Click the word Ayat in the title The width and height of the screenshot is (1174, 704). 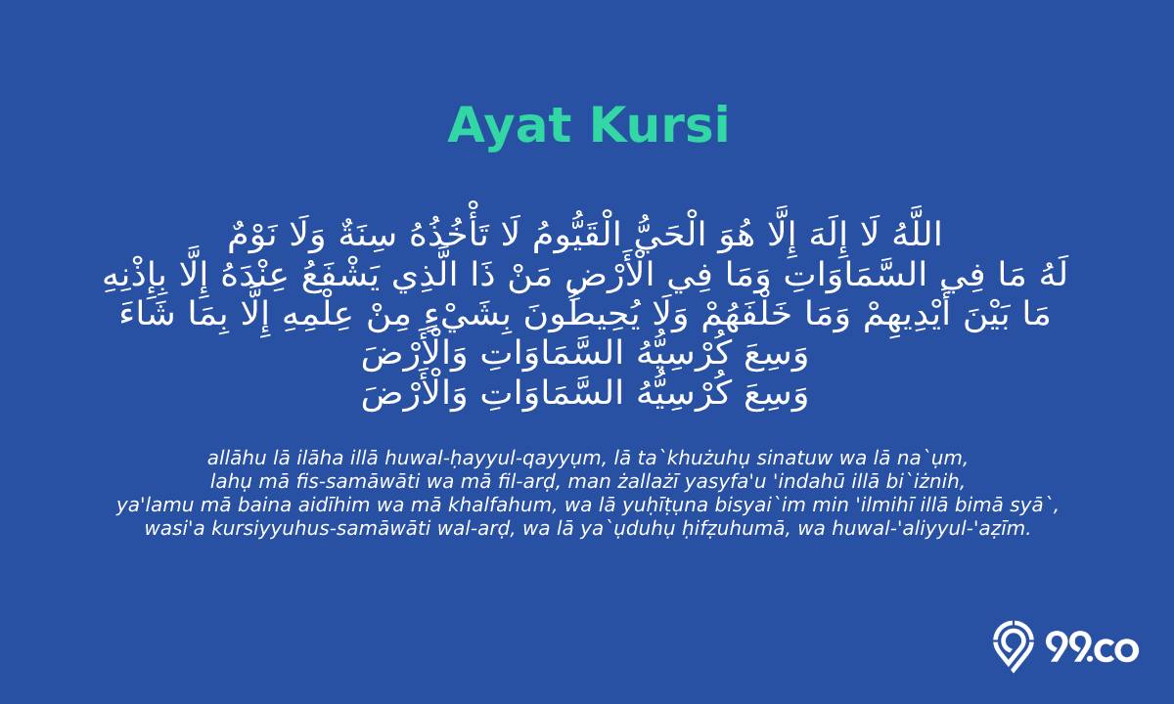[509, 125]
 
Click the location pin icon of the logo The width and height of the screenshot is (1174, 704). [1014, 646]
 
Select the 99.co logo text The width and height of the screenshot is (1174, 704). [1092, 649]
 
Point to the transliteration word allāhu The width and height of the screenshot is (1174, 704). [237, 459]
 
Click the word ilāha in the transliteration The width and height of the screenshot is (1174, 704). [319, 459]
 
